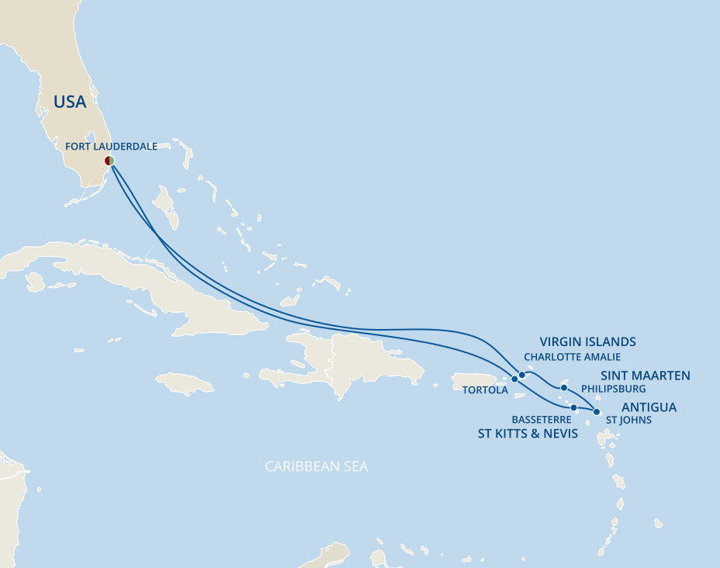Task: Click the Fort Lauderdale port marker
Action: coord(110,161)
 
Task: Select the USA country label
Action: coord(70,102)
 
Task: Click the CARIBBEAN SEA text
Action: coord(316,466)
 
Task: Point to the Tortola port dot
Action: coord(514,379)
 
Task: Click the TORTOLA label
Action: coord(485,390)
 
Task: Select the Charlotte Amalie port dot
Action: coord(522,375)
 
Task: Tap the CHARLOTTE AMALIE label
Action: coord(573,357)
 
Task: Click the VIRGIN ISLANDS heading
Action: coord(587,341)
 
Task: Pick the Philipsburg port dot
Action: coord(564,388)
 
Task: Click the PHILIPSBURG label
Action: coord(613,389)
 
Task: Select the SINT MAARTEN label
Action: coord(645,376)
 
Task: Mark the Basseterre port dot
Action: coord(573,407)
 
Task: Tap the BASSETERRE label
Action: coord(541,420)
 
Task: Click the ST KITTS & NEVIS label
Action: coord(528,434)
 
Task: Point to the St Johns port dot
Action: coord(596,412)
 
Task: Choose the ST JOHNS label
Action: coord(628,421)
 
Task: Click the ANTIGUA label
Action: coord(649,407)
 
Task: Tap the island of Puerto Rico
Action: coord(474,381)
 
